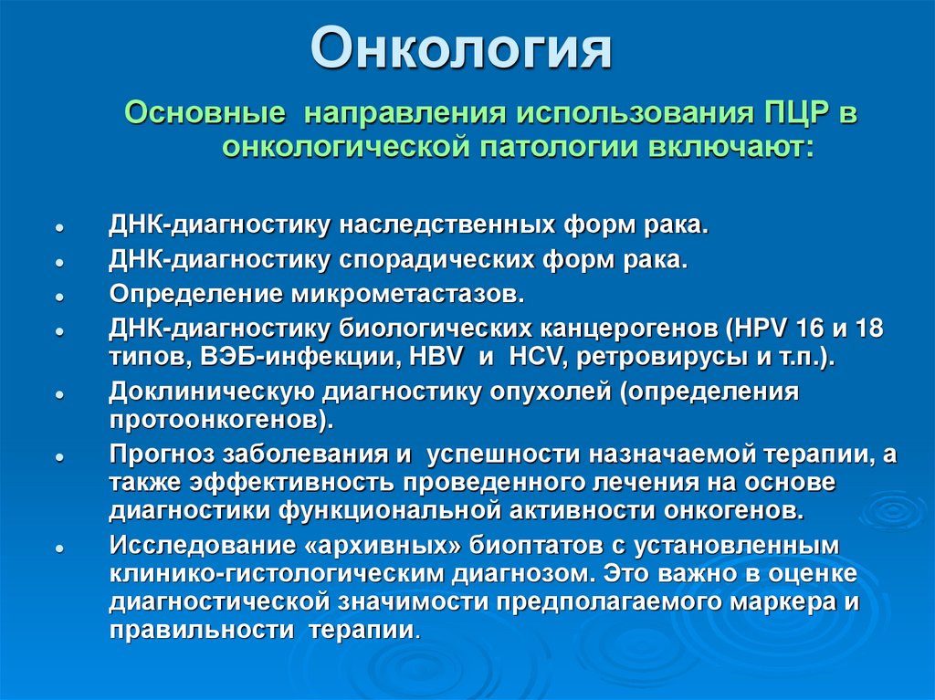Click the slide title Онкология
[460, 50]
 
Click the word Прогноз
[162, 454]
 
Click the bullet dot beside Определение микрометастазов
[58, 298]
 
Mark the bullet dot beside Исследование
[58, 548]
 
